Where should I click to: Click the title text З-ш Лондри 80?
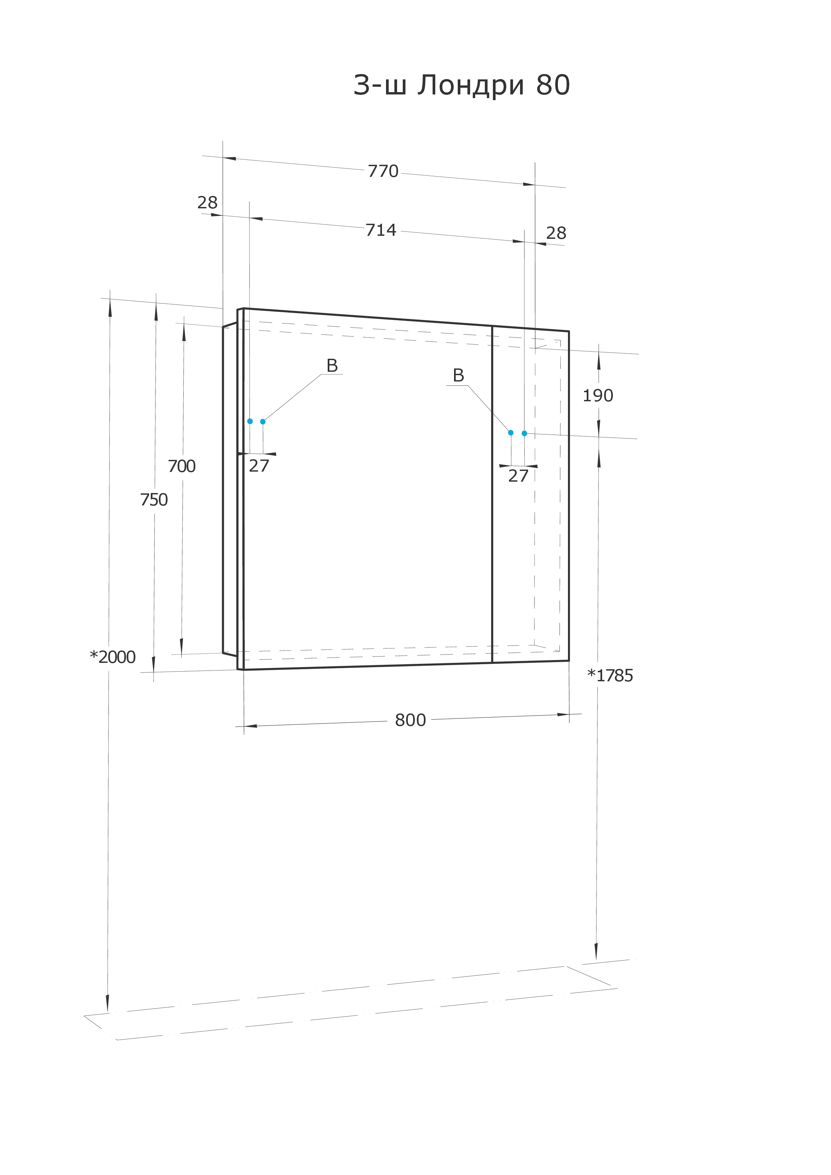point(461,85)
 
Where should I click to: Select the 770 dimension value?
point(383,171)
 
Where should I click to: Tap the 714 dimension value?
point(381,230)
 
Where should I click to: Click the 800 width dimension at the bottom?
point(410,720)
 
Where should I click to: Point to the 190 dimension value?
point(597,396)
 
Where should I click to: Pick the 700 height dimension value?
point(182,466)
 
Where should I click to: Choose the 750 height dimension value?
point(153,499)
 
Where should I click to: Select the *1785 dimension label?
point(610,676)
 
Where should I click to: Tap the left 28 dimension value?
point(207,203)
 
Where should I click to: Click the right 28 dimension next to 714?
point(556,233)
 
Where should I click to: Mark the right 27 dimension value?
point(518,476)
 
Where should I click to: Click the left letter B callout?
point(332,366)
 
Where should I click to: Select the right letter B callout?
point(458,375)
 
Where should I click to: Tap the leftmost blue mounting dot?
point(250,421)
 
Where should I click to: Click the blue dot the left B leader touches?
point(263,422)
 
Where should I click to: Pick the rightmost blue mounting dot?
point(524,433)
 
